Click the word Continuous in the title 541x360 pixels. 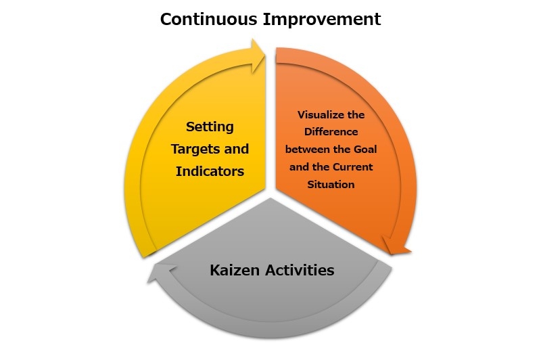pos(209,19)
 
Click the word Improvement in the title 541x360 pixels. pos(322,19)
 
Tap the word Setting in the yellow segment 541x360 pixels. pos(210,127)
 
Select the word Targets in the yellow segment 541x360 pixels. pos(195,150)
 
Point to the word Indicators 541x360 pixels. pos(210,171)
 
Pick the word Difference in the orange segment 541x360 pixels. pos(331,132)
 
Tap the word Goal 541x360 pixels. pos(365,150)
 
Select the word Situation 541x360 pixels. pos(331,185)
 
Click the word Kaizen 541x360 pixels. pos(235,270)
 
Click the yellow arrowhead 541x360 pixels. pos(258,56)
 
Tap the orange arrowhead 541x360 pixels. pos(396,246)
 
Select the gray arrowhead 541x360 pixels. pos(160,273)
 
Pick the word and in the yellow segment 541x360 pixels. pos(236,150)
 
